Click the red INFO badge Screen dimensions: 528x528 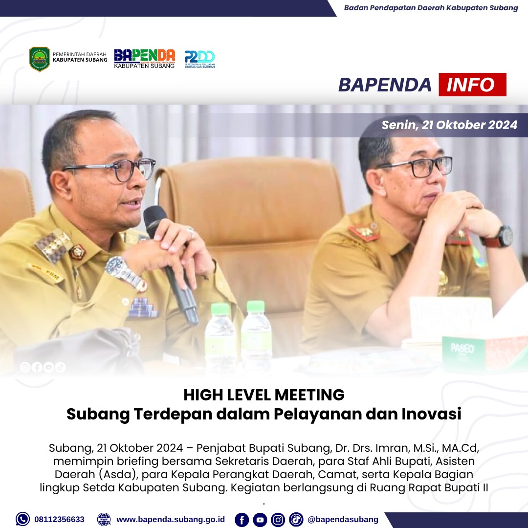point(472,85)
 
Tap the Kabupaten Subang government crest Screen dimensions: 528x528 point(40,59)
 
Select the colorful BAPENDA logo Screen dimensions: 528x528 point(144,59)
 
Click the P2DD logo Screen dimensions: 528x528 point(199,59)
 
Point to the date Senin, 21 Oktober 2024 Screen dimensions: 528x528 point(449,125)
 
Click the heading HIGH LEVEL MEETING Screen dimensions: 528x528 point(264,395)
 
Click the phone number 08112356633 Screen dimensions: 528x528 point(59,519)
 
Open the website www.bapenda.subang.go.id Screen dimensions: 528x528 point(171,519)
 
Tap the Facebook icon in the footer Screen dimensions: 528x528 point(242,520)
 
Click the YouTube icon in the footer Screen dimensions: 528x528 point(260,520)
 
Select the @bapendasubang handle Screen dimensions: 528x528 point(343,519)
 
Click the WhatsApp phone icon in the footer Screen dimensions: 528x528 point(22,519)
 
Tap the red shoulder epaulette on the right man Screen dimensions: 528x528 point(364,232)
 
